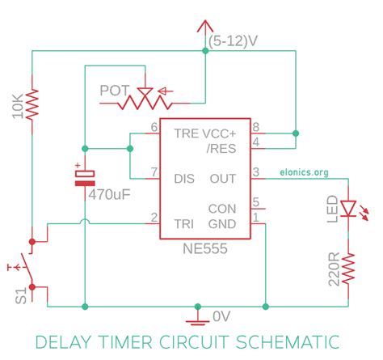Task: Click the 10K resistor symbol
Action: [x=32, y=103]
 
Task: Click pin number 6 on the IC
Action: [x=154, y=128]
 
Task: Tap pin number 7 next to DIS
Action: [x=154, y=172]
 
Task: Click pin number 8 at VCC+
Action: [x=256, y=127]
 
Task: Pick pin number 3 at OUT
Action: [x=255, y=172]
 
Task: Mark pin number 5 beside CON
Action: [x=255, y=201]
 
